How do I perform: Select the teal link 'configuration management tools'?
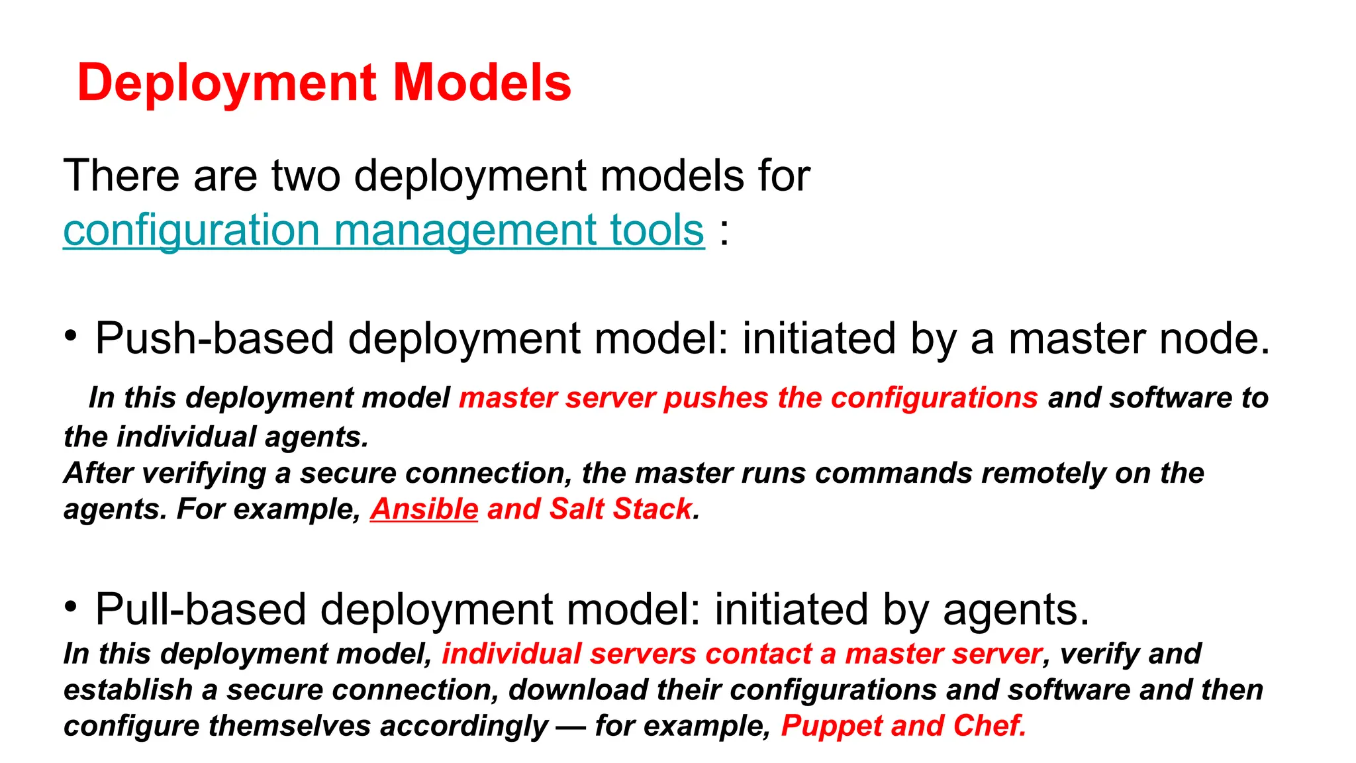(383, 230)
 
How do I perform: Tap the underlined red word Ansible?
(424, 509)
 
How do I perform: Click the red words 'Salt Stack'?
(620, 509)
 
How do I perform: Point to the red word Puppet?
(832, 726)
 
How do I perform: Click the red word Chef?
(989, 726)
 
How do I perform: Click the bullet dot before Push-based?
(72, 335)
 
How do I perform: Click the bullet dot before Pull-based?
(72, 606)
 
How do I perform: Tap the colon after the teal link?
(724, 232)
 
